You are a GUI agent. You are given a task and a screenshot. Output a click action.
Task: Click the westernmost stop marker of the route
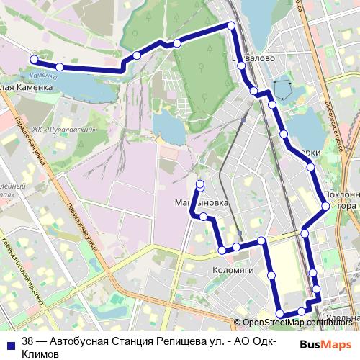point(33,60)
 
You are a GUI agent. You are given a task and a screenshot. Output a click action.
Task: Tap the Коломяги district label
point(234,271)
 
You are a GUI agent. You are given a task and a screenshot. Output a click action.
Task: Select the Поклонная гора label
point(339,200)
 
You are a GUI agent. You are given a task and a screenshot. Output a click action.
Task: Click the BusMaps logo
point(325,344)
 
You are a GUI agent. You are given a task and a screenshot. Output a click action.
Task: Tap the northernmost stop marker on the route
point(231,26)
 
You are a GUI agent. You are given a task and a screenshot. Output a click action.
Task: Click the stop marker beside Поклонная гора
point(325,206)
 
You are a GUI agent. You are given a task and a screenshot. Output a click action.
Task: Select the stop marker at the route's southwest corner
point(279,313)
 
